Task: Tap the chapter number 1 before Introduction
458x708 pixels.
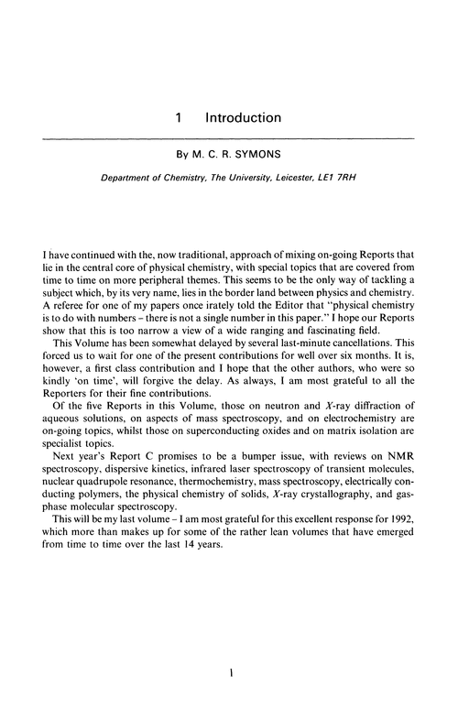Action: click(180, 118)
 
